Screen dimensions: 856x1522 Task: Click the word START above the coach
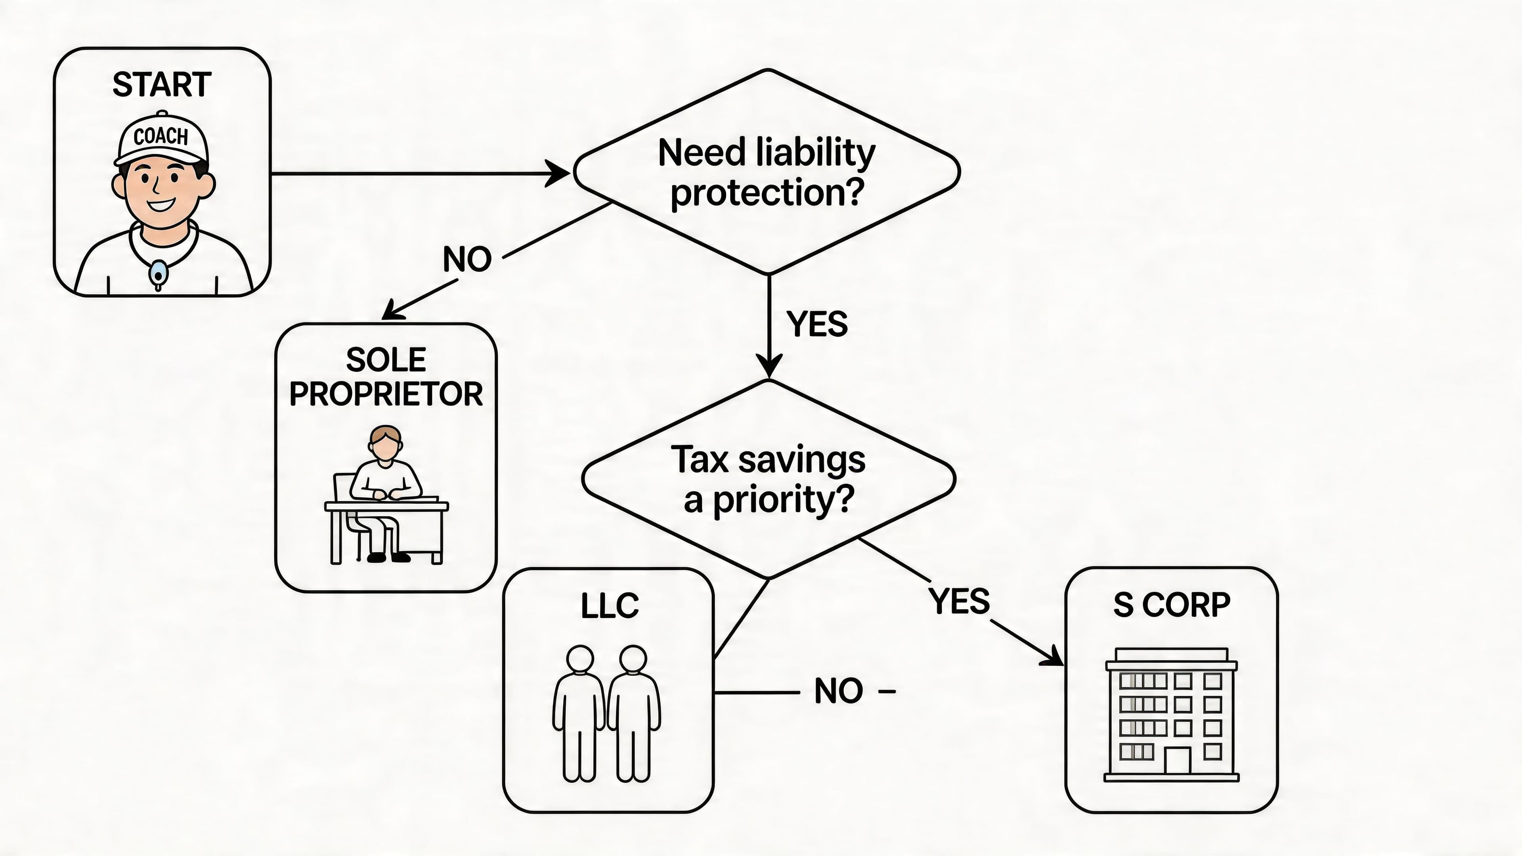[162, 84]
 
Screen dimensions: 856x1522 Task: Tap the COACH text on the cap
[161, 136]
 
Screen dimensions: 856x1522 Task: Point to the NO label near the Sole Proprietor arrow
[467, 259]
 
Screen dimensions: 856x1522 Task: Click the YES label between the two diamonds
[817, 324]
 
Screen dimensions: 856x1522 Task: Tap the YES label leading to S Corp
[959, 601]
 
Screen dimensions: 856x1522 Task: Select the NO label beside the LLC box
[838, 691]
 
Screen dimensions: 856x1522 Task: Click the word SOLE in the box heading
[386, 360]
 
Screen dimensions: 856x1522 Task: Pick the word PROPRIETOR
[386, 394]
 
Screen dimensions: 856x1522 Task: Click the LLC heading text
[610, 606]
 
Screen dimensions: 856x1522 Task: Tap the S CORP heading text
[1172, 605]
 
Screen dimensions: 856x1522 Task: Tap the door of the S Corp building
[1177, 760]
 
